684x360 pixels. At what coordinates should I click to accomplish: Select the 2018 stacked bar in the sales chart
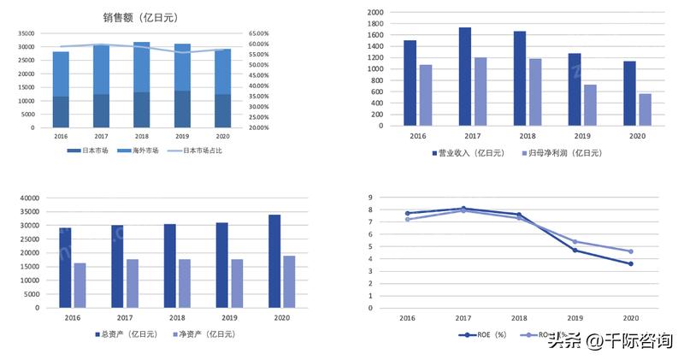[142, 85]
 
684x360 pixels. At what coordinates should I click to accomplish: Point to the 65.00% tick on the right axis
[259, 33]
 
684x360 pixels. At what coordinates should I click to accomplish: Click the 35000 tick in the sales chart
[27, 33]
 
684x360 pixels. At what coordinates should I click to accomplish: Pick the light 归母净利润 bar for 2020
[645, 109]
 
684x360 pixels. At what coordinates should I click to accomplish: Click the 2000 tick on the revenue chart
[375, 13]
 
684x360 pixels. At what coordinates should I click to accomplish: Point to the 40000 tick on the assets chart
[30, 198]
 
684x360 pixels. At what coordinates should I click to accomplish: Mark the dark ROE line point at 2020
[630, 263]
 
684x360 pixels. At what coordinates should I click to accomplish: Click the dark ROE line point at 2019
[575, 250]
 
